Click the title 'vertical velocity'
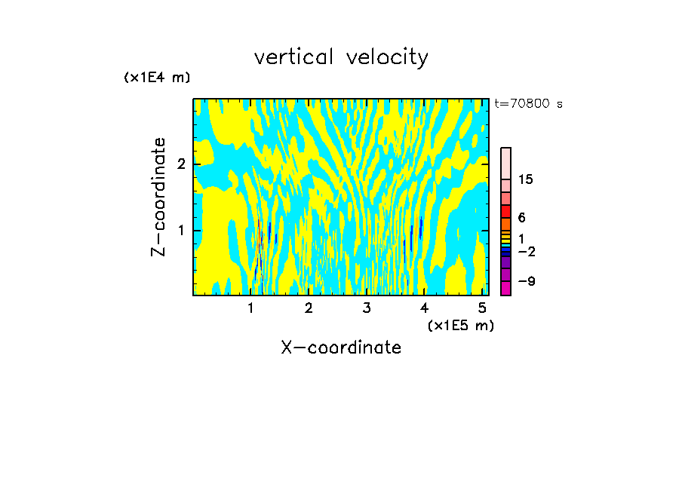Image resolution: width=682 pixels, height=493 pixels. tap(341, 57)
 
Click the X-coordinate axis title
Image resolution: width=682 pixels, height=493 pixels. tap(341, 348)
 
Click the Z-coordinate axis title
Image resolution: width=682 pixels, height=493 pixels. tap(158, 197)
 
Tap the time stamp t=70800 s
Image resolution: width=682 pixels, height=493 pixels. tap(528, 104)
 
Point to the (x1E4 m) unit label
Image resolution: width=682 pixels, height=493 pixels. tap(157, 78)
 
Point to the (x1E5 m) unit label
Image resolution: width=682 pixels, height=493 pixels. tap(460, 325)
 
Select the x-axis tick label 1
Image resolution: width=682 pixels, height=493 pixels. tap(250, 308)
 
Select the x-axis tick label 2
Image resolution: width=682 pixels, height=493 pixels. tap(309, 308)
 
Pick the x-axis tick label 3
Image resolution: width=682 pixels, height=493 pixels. tap(367, 308)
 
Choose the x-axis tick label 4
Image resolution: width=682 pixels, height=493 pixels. tap(425, 308)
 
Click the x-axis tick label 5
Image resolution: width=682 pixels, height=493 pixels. tap(483, 308)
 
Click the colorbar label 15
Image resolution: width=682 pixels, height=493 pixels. tap(526, 179)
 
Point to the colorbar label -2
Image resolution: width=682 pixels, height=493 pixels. tap(526, 252)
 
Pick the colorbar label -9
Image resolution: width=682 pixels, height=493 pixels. tap(526, 282)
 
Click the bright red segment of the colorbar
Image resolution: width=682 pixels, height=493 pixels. tap(506, 211)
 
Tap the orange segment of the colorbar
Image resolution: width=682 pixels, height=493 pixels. tap(506, 224)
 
